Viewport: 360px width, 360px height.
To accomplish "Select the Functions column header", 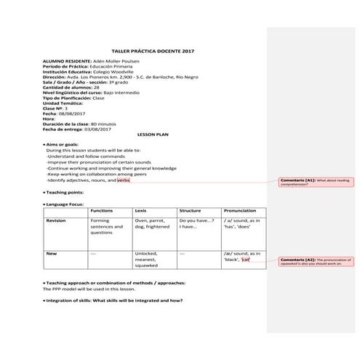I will coord(102,209).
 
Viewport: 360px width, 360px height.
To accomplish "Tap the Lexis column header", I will coord(140,209).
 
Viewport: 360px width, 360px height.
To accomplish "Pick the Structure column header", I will coord(190,209).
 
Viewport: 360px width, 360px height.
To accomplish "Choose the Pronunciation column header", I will coord(240,209).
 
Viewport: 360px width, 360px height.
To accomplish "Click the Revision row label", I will coord(56,220).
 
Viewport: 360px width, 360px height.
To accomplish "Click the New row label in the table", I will coord(51,253).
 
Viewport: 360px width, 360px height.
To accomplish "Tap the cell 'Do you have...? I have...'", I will coord(196,223).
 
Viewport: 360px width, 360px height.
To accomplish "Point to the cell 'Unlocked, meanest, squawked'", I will coord(148,260).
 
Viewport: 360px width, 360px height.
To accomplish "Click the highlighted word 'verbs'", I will coord(123,180).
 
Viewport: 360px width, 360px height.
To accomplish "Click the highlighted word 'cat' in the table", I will coord(246,260).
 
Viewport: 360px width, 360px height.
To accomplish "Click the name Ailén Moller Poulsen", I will coord(116,60).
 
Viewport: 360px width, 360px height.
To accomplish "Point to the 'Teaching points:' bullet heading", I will coord(68,192).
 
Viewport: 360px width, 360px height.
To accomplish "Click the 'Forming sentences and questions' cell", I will coord(106,226).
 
